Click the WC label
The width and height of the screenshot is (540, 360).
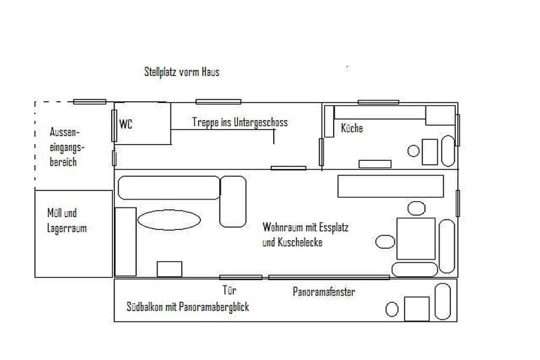tap(126, 124)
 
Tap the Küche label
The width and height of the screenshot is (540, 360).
tap(352, 128)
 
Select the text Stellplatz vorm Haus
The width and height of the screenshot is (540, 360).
tap(182, 72)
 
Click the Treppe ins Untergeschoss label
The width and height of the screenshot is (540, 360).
tap(240, 122)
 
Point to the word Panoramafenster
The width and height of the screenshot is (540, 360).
tap(324, 292)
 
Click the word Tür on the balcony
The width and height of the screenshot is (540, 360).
tap(229, 290)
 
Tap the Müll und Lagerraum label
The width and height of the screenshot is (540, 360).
tap(67, 220)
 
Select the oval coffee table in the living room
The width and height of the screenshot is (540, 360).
tap(169, 220)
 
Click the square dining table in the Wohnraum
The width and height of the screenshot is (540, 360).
tap(416, 239)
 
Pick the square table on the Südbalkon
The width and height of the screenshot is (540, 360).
tap(417, 309)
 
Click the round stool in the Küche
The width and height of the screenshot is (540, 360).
tap(413, 151)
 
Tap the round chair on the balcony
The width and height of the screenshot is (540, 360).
tap(392, 309)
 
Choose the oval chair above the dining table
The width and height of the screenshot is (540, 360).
tap(417, 208)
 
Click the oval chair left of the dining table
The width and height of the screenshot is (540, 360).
tap(385, 241)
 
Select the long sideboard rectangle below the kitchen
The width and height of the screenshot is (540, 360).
tap(391, 186)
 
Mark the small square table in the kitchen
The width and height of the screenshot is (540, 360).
tap(430, 152)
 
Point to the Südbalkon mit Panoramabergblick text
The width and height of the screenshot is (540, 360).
tap(188, 307)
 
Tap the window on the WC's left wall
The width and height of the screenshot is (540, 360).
tap(114, 125)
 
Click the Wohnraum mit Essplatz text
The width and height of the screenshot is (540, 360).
tap(305, 227)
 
